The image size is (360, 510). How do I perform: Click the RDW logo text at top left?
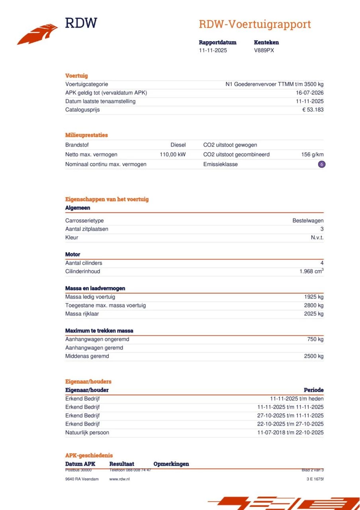tap(81, 23)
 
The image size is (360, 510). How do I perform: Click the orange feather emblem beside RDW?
tap(37, 34)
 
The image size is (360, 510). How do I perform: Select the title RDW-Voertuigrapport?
tap(254, 24)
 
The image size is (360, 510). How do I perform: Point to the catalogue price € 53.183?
tap(313, 110)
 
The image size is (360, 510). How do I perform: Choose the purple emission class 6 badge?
tap(321, 164)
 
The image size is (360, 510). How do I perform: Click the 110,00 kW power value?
tap(172, 155)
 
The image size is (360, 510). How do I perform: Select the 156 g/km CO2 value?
tap(312, 155)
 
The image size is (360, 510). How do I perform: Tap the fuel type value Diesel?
tap(178, 145)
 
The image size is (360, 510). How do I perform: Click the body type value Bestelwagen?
tap(308, 221)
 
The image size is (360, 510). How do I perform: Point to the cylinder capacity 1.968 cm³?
tap(311, 271)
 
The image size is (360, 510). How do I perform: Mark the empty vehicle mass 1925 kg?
tap(314, 297)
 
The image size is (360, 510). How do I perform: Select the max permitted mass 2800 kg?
tap(314, 305)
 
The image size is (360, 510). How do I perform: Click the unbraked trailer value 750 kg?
tap(315, 339)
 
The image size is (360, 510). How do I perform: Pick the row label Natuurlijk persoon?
tap(87, 432)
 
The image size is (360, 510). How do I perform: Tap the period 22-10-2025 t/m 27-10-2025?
tap(290, 424)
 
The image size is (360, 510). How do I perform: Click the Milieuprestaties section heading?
tap(86, 135)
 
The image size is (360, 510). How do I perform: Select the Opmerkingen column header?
tap(171, 464)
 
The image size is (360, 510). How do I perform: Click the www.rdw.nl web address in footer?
tap(119, 479)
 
